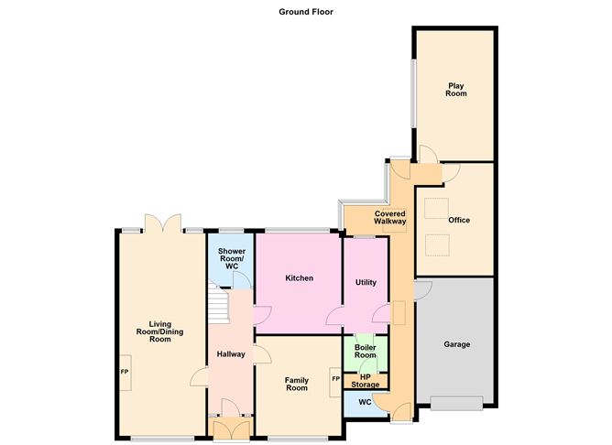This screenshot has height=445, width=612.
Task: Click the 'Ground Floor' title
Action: (x=306, y=12)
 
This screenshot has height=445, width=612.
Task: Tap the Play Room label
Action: (x=456, y=90)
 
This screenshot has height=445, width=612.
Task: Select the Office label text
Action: (x=459, y=220)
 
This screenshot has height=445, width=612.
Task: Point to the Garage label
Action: (x=456, y=344)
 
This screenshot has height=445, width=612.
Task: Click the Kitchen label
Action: (x=300, y=278)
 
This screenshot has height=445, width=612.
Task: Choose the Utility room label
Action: (x=366, y=282)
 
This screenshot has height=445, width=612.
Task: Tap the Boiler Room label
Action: (x=366, y=351)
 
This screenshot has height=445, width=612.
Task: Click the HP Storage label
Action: (x=365, y=381)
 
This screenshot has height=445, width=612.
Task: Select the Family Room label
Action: (x=297, y=384)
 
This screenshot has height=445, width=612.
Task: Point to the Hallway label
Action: (x=231, y=354)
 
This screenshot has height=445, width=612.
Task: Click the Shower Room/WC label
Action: (x=232, y=258)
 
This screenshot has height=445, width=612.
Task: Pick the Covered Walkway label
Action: (x=390, y=218)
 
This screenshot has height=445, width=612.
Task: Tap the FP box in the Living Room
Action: (x=125, y=372)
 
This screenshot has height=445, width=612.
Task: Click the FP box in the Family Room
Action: (x=335, y=382)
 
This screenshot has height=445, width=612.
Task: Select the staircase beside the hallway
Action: (x=217, y=303)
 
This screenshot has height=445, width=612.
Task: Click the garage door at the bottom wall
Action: (x=457, y=403)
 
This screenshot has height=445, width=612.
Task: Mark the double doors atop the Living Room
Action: (x=163, y=223)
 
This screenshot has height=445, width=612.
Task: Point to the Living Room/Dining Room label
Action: (x=159, y=331)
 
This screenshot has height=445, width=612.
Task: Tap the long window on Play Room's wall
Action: (x=413, y=93)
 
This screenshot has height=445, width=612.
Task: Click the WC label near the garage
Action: (x=365, y=402)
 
